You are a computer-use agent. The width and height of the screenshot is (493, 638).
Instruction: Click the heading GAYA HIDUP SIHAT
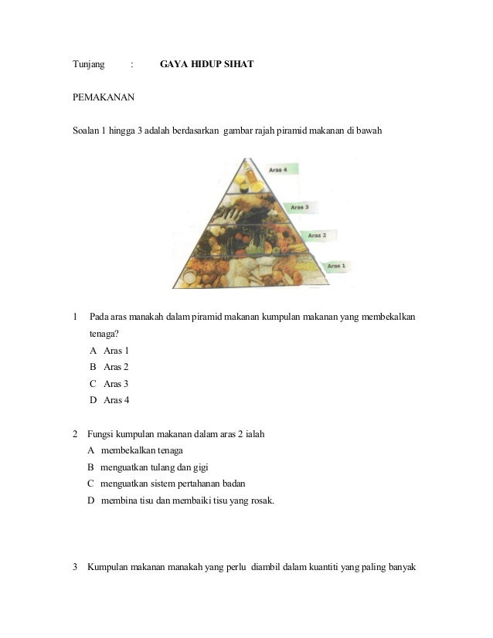point(206,65)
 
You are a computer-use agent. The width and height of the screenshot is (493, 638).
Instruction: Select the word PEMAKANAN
point(104,97)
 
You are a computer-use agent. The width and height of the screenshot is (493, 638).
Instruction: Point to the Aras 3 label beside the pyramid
point(300,207)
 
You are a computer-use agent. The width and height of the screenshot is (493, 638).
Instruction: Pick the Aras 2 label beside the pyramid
point(318,235)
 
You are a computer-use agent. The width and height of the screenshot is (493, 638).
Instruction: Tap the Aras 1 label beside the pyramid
point(336,266)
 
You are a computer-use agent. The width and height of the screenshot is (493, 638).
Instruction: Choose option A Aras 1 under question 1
point(109,351)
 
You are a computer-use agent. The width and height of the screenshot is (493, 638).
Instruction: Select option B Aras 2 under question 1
point(109,367)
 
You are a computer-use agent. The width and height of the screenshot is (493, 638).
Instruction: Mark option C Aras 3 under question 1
point(109,383)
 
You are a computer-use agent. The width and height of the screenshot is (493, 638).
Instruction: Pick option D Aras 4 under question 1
point(109,399)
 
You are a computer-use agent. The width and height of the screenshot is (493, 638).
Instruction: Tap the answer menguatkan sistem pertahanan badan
point(172,484)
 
